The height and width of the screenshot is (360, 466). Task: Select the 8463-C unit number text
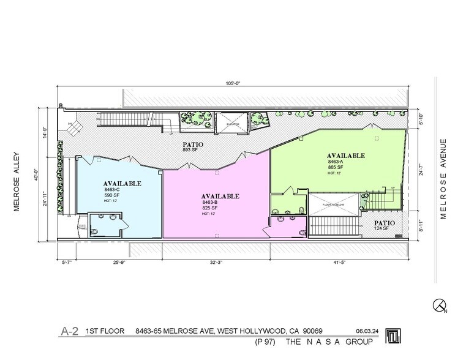[x=112, y=191]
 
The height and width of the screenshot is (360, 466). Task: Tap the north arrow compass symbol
[x=439, y=304]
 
